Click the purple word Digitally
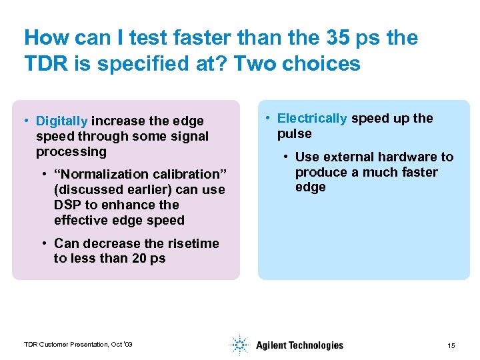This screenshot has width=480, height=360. tap(61, 121)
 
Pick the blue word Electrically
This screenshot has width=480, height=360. tap(311, 119)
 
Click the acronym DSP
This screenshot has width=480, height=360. tap(67, 205)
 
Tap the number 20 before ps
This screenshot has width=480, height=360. tap(141, 259)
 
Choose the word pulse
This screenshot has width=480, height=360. tap(294, 134)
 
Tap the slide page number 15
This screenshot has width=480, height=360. tap(451, 345)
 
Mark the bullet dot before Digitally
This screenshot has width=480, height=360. tap(25, 121)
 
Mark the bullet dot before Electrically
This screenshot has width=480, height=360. tap(266, 119)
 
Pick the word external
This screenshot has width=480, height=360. tap(348, 157)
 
